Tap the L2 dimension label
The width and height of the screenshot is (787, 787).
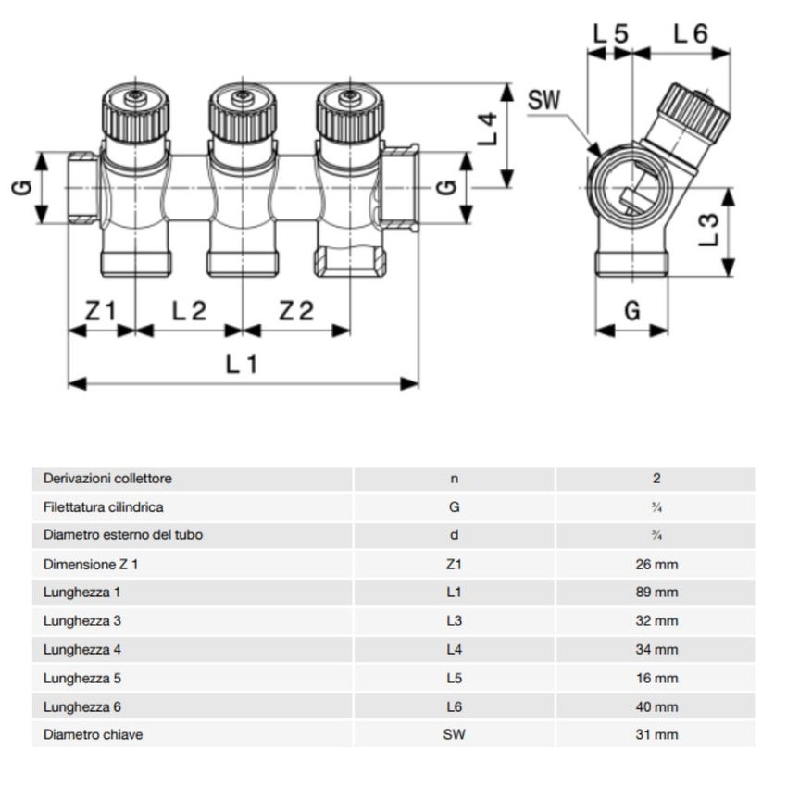coord(189,311)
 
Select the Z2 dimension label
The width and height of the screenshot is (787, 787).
coord(296,311)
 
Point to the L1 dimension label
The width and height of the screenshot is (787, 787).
coord(242,365)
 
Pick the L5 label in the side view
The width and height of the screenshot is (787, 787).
coord(611,33)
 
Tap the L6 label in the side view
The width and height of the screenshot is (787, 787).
coord(691,33)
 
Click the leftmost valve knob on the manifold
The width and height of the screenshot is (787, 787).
coord(136,111)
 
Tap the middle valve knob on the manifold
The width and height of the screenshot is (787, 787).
coord(243,111)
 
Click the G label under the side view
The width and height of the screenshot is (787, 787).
coord(631,311)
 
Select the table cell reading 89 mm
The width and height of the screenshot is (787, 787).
coord(656,593)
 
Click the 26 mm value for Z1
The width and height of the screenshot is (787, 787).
coord(656,564)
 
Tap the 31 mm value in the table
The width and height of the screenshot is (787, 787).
coord(656,735)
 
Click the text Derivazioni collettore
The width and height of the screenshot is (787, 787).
coord(107,479)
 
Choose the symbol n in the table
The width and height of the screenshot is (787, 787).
coord(454,479)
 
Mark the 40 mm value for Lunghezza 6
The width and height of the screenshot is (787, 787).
coord(656,706)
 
